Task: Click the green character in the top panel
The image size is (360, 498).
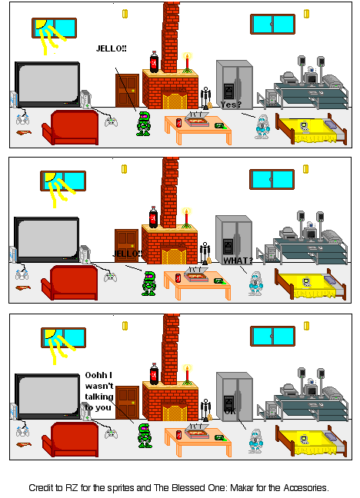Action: (x=143, y=123)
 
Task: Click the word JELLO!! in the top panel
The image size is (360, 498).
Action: (x=112, y=48)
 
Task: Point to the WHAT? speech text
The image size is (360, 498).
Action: (x=238, y=261)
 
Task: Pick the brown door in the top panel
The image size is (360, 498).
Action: (x=127, y=90)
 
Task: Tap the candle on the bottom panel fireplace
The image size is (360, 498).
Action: (x=186, y=374)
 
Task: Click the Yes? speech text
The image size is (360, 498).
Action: (x=231, y=105)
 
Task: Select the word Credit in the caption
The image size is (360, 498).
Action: (x=42, y=487)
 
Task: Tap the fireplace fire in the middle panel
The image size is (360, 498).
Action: (x=171, y=254)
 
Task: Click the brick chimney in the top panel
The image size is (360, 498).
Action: (x=170, y=31)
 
